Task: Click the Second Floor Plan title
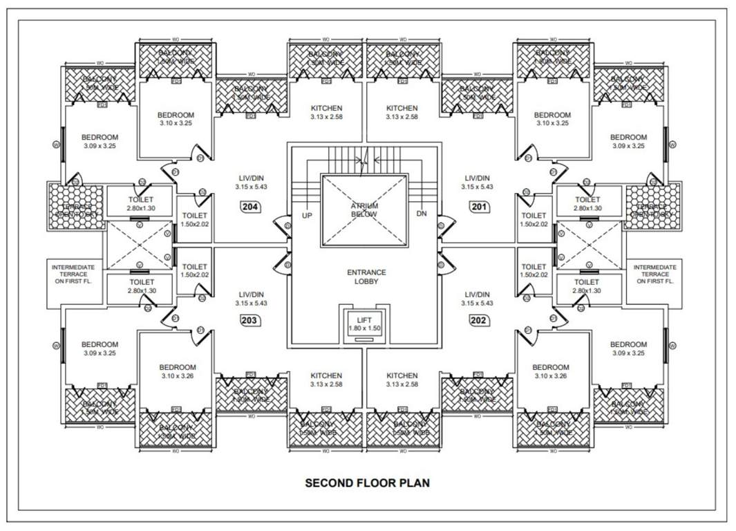pyautogui.click(x=367, y=483)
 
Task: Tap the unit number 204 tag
pyautogui.click(x=249, y=206)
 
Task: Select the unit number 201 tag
pyautogui.click(x=478, y=206)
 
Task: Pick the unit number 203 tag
pyautogui.click(x=249, y=320)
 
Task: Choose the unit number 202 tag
pyautogui.click(x=478, y=320)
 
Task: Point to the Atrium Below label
pyautogui.click(x=364, y=210)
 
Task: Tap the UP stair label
pyautogui.click(x=308, y=215)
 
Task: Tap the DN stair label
pyautogui.click(x=422, y=214)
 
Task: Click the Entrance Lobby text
pyautogui.click(x=366, y=277)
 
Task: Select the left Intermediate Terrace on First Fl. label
pyautogui.click(x=75, y=274)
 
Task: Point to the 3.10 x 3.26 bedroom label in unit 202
pyautogui.click(x=551, y=371)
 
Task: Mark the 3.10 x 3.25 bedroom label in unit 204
pyautogui.click(x=176, y=119)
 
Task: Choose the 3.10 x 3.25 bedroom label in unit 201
pyautogui.click(x=552, y=119)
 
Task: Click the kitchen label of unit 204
pyautogui.click(x=326, y=112)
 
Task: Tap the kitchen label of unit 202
pyautogui.click(x=402, y=380)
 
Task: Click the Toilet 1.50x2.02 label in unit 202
pyautogui.click(x=534, y=271)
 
